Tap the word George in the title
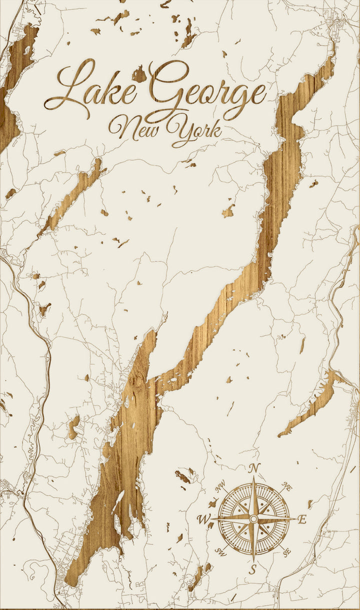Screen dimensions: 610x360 (207, 90)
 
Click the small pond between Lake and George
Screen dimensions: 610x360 (139, 75)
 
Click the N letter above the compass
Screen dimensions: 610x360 (254, 468)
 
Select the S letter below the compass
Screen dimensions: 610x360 (253, 569)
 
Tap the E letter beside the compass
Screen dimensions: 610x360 (301, 519)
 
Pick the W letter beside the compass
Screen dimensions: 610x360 (204, 519)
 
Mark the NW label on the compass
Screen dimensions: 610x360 (220, 485)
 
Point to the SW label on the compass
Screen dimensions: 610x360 (220, 552)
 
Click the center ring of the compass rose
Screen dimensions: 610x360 (253, 519)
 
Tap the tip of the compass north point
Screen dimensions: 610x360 (253, 476)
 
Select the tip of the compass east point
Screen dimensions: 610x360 (295, 519)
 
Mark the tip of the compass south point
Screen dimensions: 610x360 (253, 561)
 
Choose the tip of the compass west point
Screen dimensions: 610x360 (212, 519)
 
